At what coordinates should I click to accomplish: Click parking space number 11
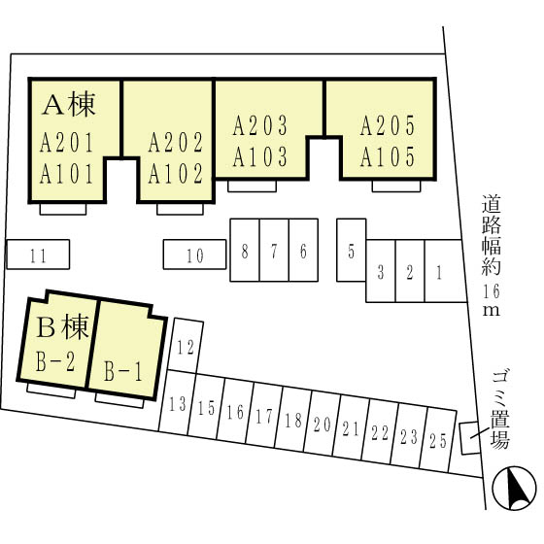38,255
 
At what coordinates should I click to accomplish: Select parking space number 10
194,255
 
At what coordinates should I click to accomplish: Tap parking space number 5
351,250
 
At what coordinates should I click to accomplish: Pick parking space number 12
186,347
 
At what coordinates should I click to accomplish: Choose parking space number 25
438,440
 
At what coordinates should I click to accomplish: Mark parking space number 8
245,250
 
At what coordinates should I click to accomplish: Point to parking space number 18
292,419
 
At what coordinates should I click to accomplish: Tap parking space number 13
177,402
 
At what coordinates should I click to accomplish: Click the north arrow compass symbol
515,488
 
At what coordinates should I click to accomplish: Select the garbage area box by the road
470,438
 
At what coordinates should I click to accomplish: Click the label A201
66,143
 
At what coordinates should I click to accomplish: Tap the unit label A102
176,174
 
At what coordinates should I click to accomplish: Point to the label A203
260,125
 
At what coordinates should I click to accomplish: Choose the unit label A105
388,156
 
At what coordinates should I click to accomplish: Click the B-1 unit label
123,371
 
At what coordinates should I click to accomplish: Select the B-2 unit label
55,361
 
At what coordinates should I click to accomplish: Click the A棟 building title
69,105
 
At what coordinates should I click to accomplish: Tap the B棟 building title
62,327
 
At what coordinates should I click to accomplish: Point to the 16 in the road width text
491,291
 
